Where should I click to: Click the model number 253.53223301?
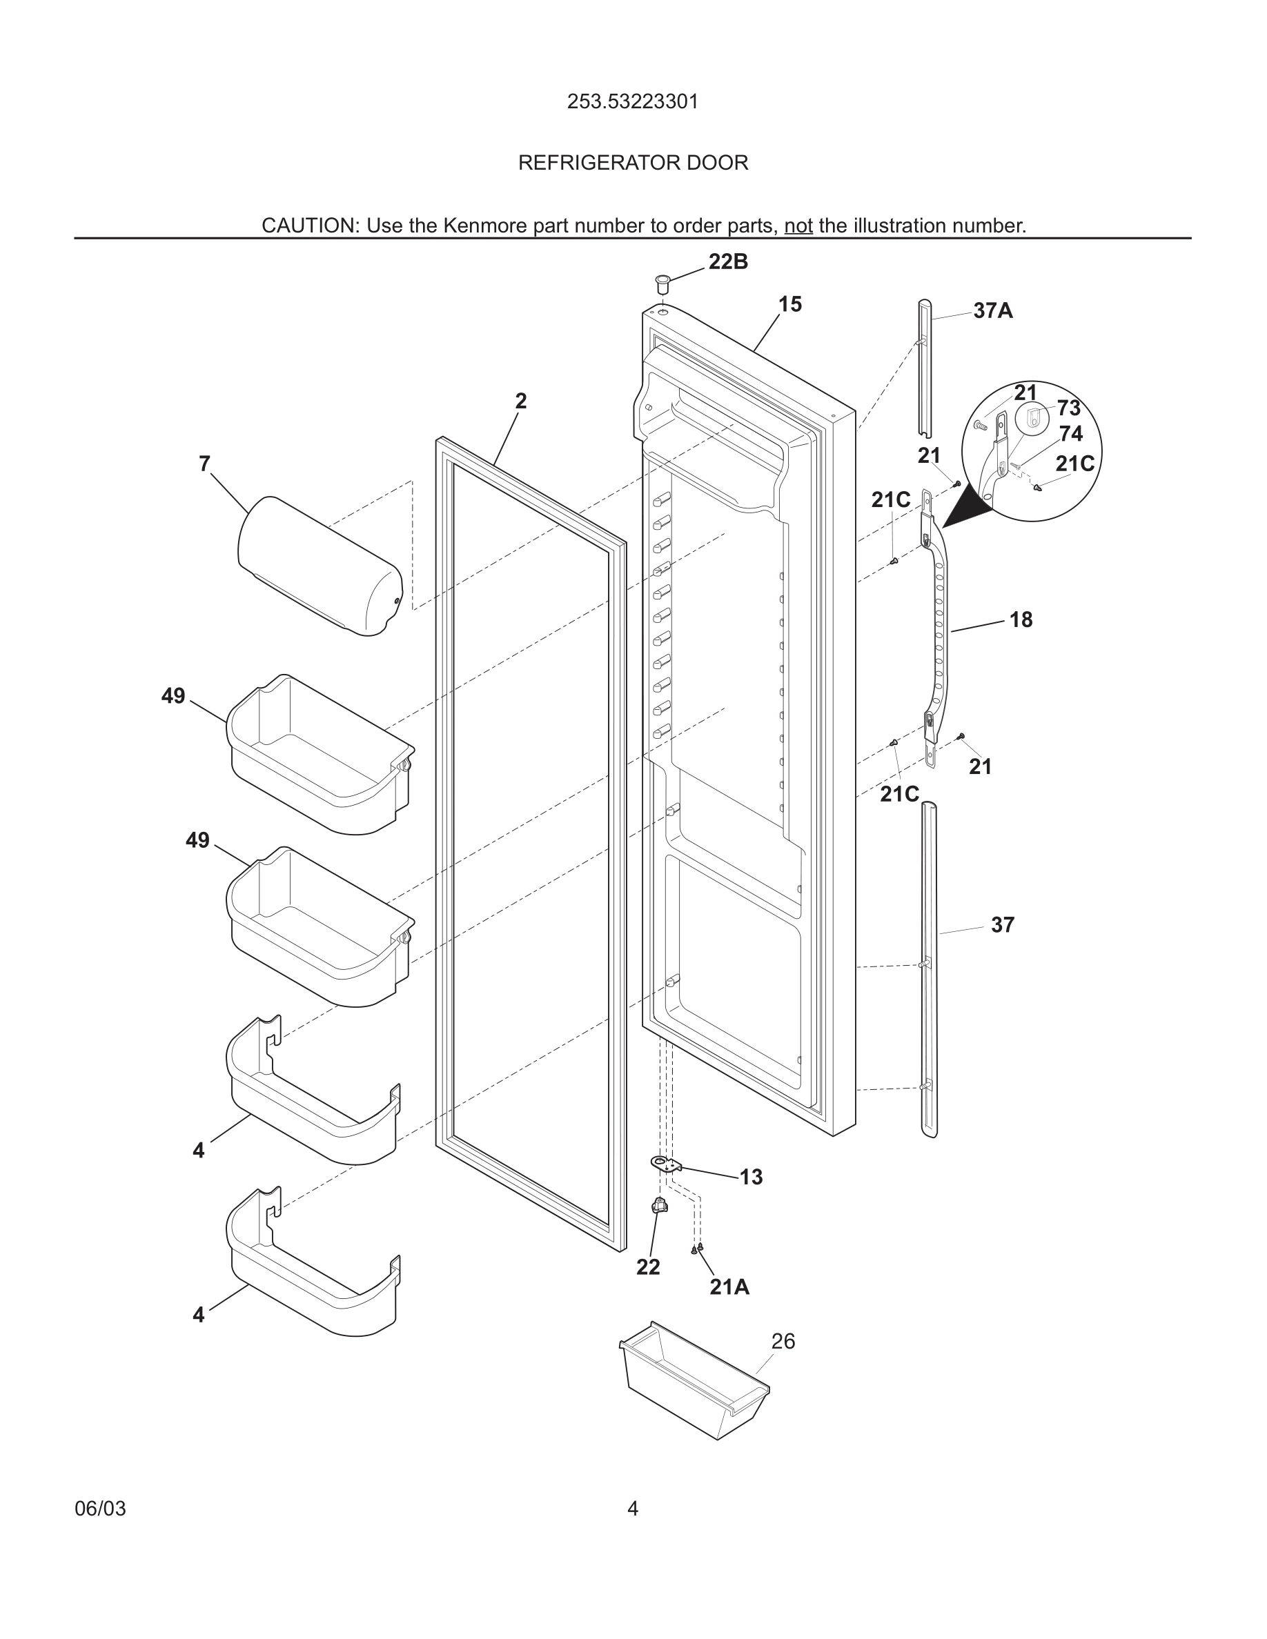pyautogui.click(x=633, y=101)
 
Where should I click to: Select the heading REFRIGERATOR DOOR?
pyautogui.click(x=633, y=163)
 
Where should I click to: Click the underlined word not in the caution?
pyautogui.click(x=798, y=226)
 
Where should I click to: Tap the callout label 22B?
pyautogui.click(x=728, y=262)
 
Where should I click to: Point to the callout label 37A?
pyautogui.click(x=992, y=310)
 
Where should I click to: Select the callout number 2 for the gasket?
pyautogui.click(x=521, y=401)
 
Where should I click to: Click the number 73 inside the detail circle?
pyautogui.click(x=1068, y=408)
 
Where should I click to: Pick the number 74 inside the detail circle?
pyautogui.click(x=1070, y=434)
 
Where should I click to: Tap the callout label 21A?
pyautogui.click(x=729, y=1287)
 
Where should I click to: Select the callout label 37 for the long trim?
pyautogui.click(x=1002, y=925)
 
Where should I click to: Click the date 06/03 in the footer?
pyautogui.click(x=101, y=1509)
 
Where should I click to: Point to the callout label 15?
pyautogui.click(x=789, y=305)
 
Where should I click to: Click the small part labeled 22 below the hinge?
pyautogui.click(x=660, y=1206)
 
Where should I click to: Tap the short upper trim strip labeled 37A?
pyautogui.click(x=924, y=368)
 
